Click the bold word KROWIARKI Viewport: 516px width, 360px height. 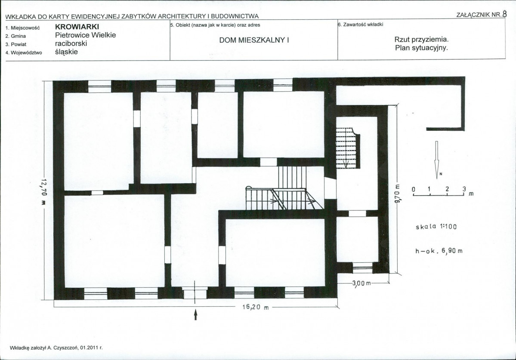tap(77, 27)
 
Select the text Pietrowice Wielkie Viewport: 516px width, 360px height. tap(86, 35)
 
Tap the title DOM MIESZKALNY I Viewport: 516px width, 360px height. tap(254, 40)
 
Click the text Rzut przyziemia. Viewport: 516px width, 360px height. tap(422, 40)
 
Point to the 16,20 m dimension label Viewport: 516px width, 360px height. tap(256, 307)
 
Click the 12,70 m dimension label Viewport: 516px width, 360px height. tap(44, 191)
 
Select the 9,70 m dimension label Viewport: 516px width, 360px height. tap(397, 193)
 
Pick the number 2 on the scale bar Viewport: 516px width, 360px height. tap(447, 189)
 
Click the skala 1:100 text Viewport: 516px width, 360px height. tap(436, 227)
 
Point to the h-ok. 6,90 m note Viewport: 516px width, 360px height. tap(439, 251)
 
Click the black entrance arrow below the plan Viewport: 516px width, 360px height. tap(196, 314)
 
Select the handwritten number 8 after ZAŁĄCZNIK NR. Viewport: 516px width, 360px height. tap(504, 14)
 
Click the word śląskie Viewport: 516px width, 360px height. tap(66, 52)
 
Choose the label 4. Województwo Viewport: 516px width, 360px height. tap(24, 52)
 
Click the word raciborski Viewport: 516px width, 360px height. tap(71, 43)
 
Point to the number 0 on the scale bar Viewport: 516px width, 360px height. tap(413, 189)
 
